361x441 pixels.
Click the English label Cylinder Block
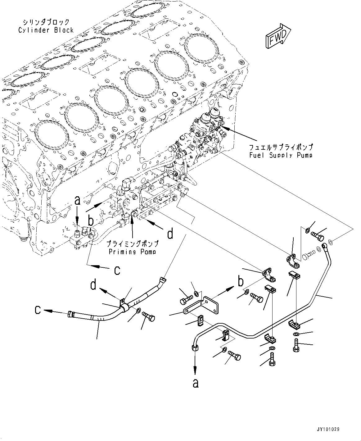[x=46, y=30]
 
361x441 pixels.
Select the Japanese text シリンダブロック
[x=46, y=22]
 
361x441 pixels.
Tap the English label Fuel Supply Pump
[x=281, y=155]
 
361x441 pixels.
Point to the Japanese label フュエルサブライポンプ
[x=281, y=147]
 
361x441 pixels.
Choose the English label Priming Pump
[x=132, y=252]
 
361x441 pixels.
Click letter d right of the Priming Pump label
[x=170, y=234]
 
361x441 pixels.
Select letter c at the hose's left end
[x=38, y=310]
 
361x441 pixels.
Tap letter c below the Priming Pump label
[x=117, y=270]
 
